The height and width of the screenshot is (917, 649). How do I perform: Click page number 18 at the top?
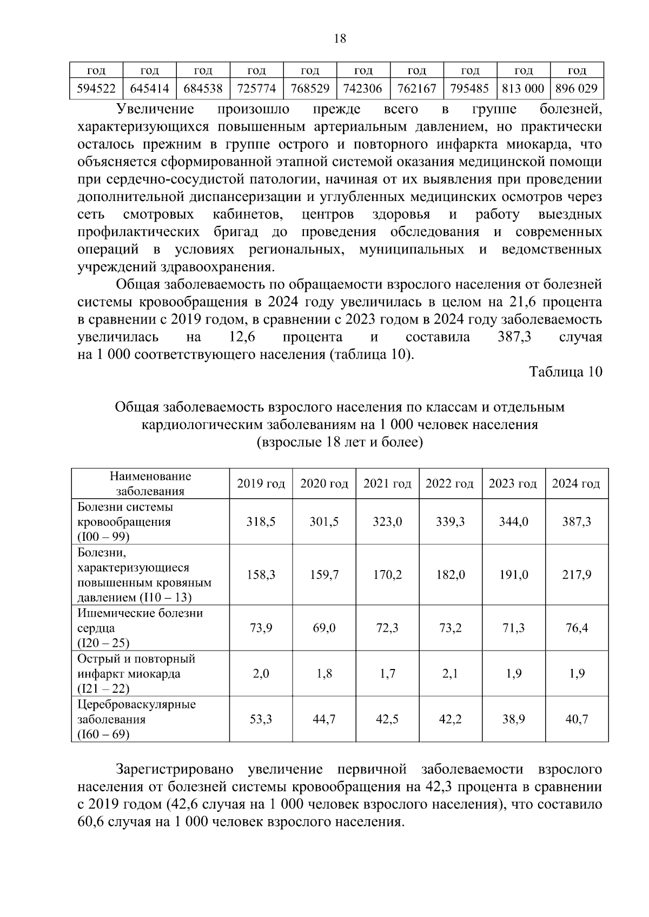click(x=340, y=38)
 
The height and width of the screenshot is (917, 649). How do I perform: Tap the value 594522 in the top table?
click(x=96, y=89)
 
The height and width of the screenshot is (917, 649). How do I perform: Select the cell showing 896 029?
click(x=577, y=89)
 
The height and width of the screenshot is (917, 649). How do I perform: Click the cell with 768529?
click(x=309, y=89)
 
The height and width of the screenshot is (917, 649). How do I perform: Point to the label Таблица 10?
click(x=565, y=372)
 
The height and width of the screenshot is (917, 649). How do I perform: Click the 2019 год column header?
click(x=261, y=484)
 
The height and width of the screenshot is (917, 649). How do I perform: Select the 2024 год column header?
click(x=576, y=484)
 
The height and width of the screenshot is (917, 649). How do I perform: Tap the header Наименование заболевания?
click(x=150, y=484)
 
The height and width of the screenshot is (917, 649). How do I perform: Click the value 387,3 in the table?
click(x=576, y=521)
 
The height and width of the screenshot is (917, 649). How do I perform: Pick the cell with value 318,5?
click(x=261, y=521)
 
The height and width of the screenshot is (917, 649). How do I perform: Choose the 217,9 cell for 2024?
click(x=576, y=574)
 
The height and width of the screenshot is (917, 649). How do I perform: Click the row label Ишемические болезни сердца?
click(x=140, y=620)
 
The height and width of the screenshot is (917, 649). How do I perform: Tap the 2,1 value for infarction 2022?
click(x=450, y=674)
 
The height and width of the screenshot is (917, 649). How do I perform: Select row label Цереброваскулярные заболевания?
click(x=136, y=712)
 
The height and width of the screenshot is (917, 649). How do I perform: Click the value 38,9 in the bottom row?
click(x=513, y=719)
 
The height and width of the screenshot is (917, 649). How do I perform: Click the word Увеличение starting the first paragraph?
click(x=155, y=109)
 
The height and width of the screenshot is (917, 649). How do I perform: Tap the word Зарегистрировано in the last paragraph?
click(x=174, y=769)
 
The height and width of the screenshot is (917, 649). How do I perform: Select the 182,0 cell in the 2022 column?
click(x=450, y=574)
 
